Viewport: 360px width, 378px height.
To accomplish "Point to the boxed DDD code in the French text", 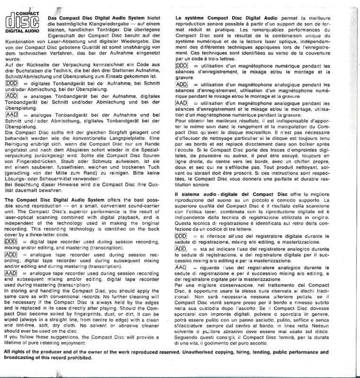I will pyautogui.click(x=182, y=65).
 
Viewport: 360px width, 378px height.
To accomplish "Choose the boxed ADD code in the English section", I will pyautogui.click(x=11, y=255).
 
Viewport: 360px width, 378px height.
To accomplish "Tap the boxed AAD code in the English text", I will pyautogui.click(x=11, y=274).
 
